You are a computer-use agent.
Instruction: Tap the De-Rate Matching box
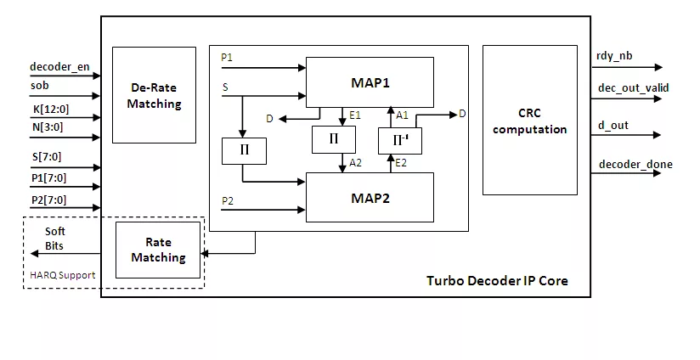(x=154, y=95)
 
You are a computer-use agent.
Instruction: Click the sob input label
(x=40, y=86)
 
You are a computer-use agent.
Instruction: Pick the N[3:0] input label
(x=46, y=127)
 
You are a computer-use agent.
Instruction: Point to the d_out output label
(x=613, y=126)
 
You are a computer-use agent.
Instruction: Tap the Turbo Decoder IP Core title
(x=497, y=280)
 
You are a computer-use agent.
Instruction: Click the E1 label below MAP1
(x=355, y=115)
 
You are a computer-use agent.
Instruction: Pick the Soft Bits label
(x=54, y=239)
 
